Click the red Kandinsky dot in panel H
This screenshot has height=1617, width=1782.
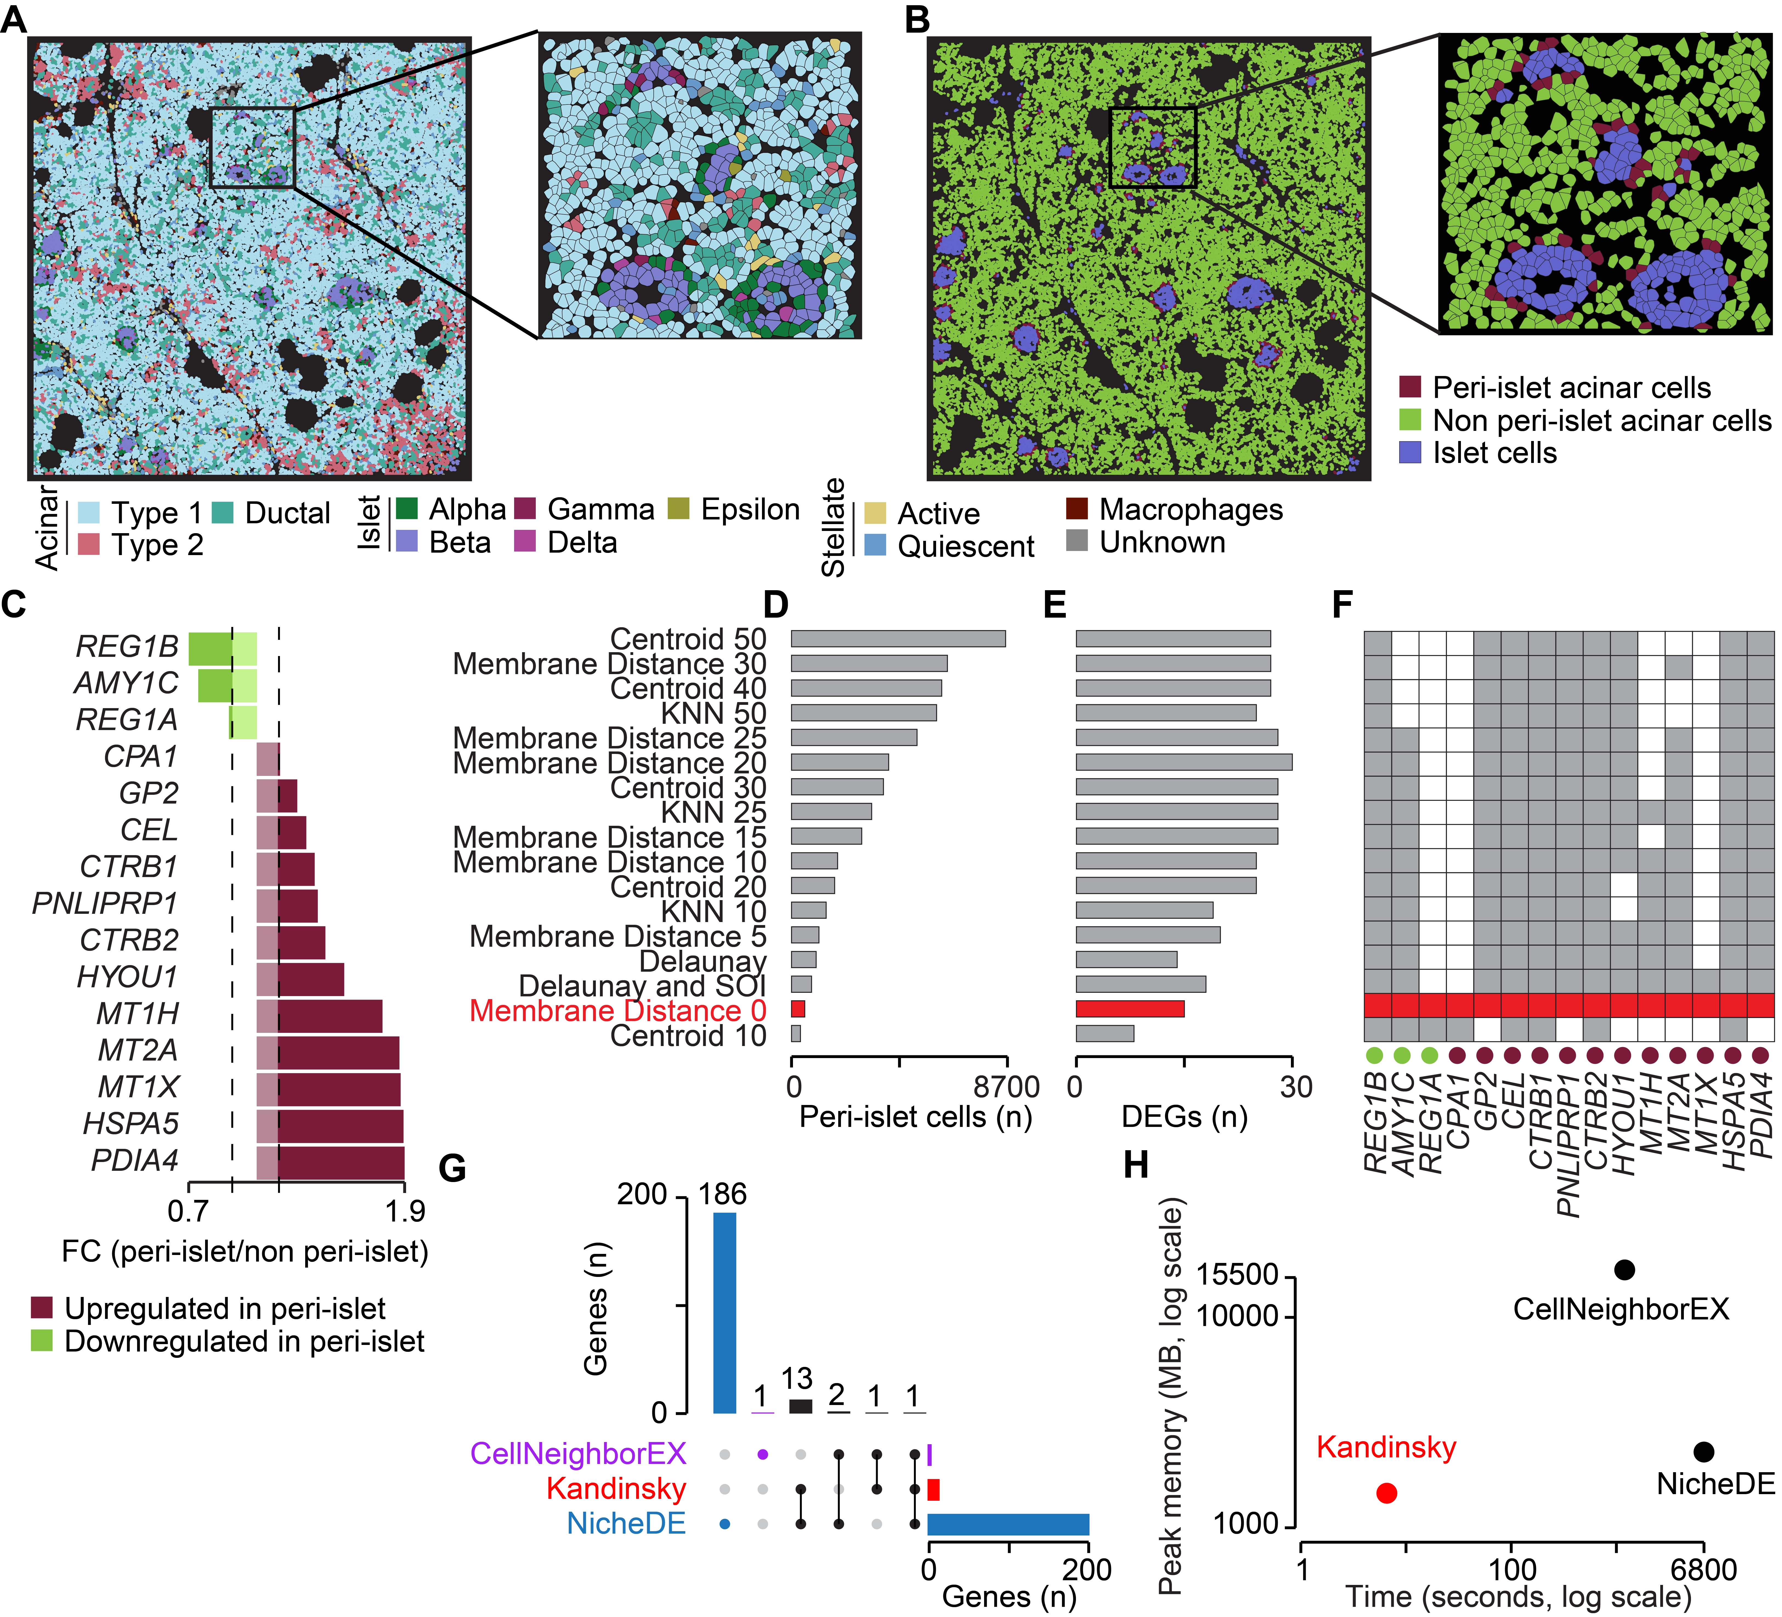pyautogui.click(x=1386, y=1493)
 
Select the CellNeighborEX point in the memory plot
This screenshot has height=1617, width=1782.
pyautogui.click(x=1624, y=1270)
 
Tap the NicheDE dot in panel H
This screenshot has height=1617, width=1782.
pyautogui.click(x=1703, y=1452)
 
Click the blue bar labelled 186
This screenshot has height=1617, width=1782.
pyautogui.click(x=724, y=1313)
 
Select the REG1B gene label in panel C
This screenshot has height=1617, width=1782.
pyautogui.click(x=127, y=646)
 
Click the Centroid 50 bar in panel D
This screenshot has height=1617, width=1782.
pyautogui.click(x=898, y=638)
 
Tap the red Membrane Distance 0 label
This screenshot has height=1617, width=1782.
pyautogui.click(x=618, y=1011)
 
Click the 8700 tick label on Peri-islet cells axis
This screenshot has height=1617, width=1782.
pyautogui.click(x=1007, y=1087)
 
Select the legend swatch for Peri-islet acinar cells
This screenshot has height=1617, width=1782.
pyautogui.click(x=1410, y=387)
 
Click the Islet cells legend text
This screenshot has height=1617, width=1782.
pyautogui.click(x=1495, y=453)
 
